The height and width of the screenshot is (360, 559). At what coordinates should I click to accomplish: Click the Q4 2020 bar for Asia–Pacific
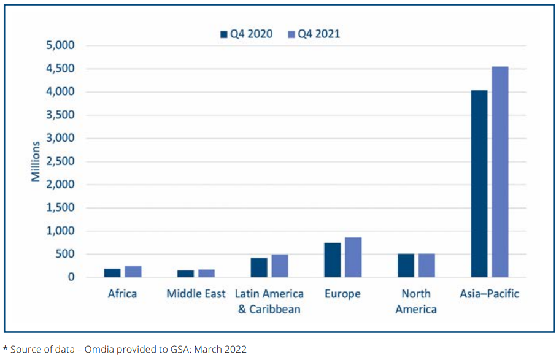click(479, 184)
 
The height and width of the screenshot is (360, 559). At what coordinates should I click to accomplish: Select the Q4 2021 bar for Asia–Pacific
click(500, 172)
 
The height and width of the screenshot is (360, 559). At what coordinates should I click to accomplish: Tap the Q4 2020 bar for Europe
click(332, 260)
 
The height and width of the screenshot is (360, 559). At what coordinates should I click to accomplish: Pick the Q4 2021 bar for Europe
click(353, 258)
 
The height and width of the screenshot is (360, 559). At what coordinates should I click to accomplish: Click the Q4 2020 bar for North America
click(406, 266)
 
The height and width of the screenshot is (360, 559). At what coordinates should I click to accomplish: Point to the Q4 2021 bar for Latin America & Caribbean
click(280, 266)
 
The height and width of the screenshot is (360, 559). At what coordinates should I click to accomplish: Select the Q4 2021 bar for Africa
click(133, 272)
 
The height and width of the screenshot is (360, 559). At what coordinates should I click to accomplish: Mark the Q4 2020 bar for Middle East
click(185, 274)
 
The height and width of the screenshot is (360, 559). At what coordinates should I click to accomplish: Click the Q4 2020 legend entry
click(247, 34)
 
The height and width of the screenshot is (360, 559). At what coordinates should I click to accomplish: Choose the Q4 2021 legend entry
click(314, 34)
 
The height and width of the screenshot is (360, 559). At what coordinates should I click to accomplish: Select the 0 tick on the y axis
click(71, 278)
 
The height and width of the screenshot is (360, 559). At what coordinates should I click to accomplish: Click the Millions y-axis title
click(36, 161)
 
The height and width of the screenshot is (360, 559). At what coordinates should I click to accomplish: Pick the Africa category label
click(123, 294)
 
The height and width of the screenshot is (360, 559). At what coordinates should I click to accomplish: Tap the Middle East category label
click(196, 294)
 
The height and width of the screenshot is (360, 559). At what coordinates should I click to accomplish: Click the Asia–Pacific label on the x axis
click(489, 294)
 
